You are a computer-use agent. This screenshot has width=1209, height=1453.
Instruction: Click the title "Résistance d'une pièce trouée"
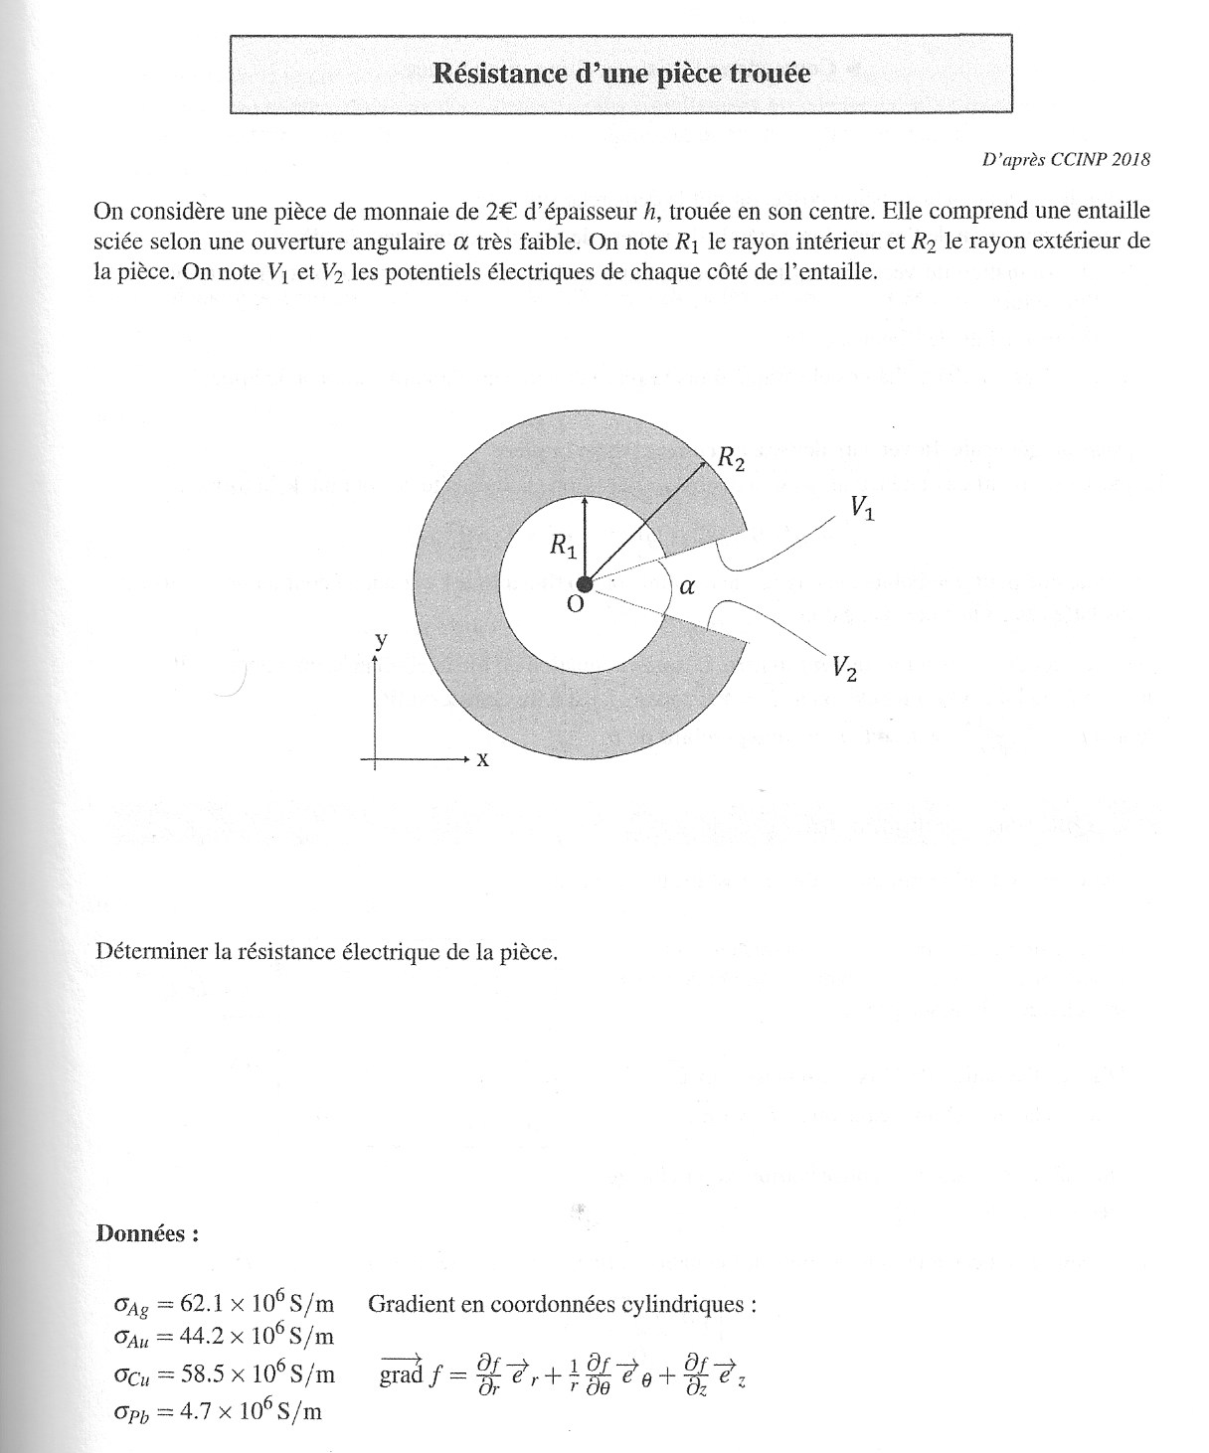(621, 74)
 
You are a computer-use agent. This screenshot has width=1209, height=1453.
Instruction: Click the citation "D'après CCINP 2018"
(1066, 159)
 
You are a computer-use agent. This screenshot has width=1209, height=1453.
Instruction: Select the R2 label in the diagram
(731, 459)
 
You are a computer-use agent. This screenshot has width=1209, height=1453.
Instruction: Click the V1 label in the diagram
(861, 509)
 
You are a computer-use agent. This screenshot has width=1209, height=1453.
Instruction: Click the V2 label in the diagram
(845, 669)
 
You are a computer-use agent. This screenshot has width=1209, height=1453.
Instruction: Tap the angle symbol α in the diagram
(686, 587)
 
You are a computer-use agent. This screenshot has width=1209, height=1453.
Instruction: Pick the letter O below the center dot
(575, 604)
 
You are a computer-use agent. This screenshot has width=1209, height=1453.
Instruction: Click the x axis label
(483, 759)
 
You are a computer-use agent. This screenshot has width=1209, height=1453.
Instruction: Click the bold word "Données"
(146, 1233)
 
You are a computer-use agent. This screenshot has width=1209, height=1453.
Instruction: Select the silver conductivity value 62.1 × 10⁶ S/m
(258, 1304)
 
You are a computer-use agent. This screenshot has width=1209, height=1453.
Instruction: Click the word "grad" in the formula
(401, 1376)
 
